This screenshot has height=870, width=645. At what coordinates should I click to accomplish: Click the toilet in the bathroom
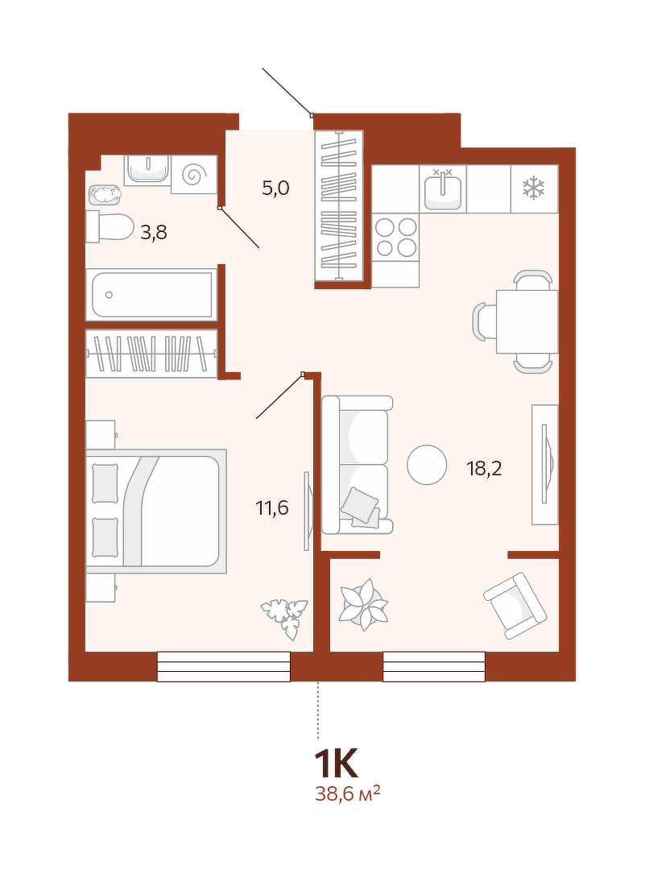110,226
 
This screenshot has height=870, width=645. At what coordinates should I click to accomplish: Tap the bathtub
151,295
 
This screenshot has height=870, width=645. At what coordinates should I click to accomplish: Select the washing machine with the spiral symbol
193,174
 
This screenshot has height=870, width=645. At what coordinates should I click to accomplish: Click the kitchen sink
443,188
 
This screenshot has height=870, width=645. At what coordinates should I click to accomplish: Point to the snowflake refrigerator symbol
534,188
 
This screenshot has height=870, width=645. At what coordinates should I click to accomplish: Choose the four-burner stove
395,237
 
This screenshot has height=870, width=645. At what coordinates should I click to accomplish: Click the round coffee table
427,465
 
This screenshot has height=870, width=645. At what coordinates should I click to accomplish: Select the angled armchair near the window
515,605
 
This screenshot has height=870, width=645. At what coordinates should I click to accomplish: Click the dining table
527,321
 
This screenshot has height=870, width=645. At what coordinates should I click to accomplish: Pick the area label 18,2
484,469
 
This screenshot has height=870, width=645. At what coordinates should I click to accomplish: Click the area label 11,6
271,507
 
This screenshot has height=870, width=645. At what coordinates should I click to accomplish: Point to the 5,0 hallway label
275,188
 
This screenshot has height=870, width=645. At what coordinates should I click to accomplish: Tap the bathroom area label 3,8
154,233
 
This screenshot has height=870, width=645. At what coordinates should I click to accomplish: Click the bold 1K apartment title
337,764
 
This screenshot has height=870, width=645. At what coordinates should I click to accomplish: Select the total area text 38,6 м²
348,794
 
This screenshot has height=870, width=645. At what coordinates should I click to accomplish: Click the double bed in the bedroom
156,511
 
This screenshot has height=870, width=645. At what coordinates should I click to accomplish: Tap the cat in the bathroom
105,194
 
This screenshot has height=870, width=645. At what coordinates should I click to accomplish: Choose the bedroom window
224,666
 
